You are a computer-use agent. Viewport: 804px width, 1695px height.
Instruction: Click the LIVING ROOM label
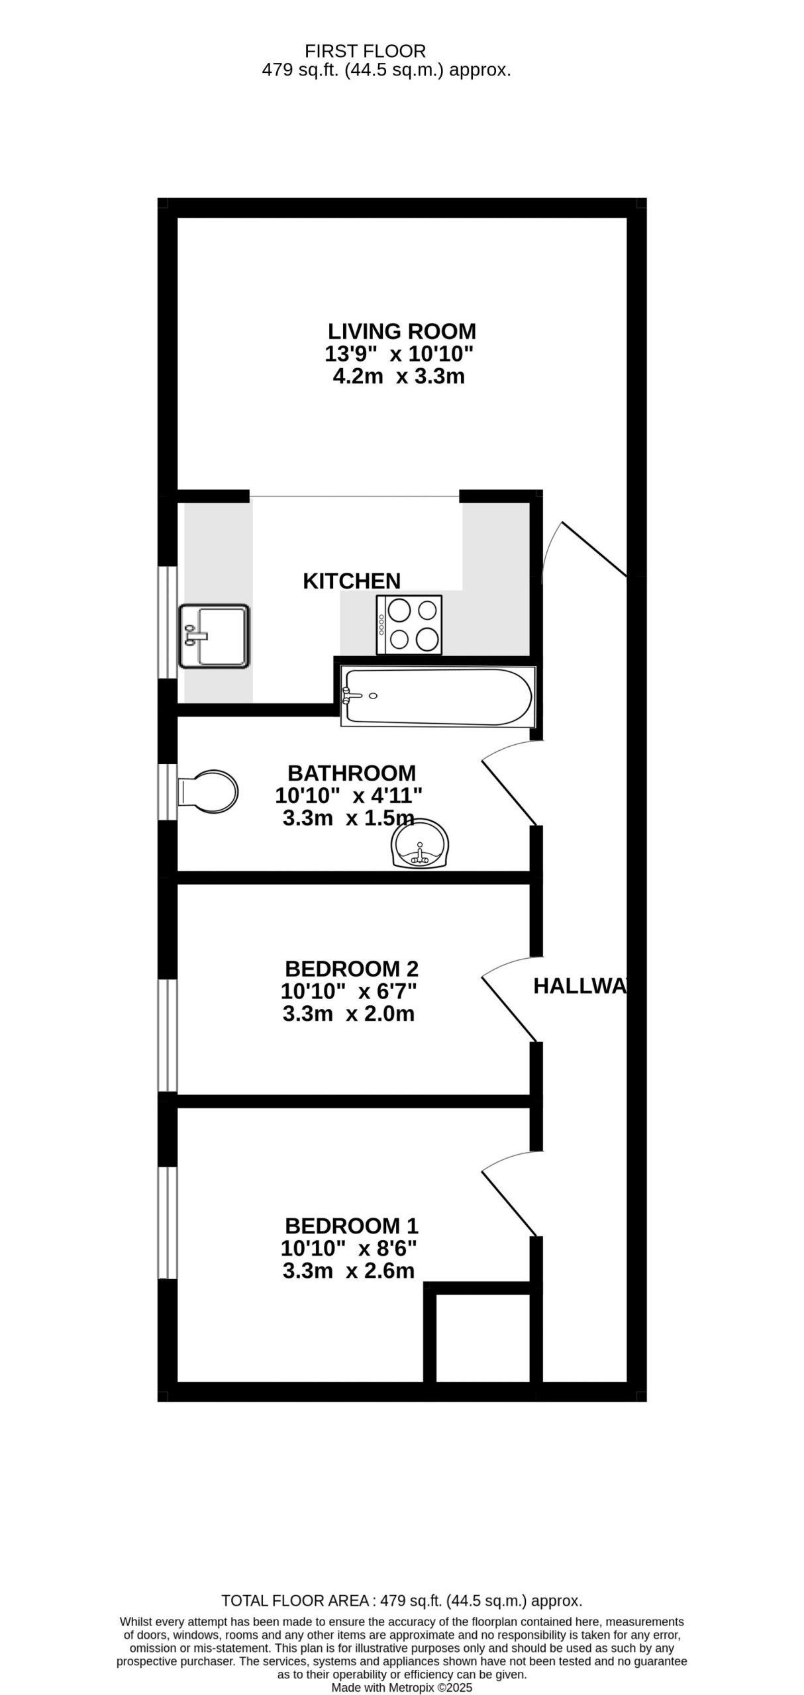[x=402, y=331]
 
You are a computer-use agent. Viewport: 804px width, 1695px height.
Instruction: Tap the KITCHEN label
[x=352, y=581]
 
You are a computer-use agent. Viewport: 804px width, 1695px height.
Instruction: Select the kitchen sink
[x=214, y=636]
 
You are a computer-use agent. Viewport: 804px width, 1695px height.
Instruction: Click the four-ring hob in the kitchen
[x=409, y=625]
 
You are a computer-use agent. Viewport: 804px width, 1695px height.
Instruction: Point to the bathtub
[x=438, y=697]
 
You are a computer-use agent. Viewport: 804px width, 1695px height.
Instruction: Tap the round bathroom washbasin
[x=421, y=843]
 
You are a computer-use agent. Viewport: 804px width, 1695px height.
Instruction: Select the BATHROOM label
[x=352, y=773]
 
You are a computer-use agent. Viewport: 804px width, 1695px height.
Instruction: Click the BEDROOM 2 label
[x=352, y=969]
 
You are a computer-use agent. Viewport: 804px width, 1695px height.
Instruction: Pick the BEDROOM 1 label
[x=352, y=1226]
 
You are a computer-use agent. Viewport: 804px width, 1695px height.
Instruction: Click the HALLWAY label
[x=580, y=986]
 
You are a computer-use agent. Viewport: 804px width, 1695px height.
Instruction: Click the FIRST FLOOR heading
[x=365, y=51]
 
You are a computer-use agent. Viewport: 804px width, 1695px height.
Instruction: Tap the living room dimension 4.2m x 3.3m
[x=398, y=377]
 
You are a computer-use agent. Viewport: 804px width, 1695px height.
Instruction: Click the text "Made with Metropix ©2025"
[x=402, y=1688]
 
